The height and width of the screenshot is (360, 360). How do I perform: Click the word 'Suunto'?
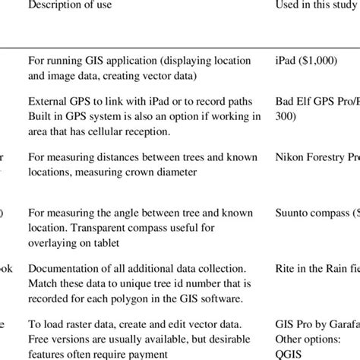point(292,214)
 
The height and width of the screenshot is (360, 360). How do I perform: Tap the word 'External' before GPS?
point(47,100)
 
